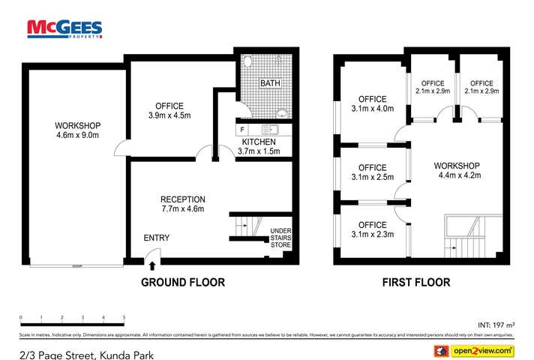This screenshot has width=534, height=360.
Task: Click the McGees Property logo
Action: pyautogui.click(x=64, y=28)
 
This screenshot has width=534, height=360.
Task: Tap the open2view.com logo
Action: pyautogui.click(x=474, y=350)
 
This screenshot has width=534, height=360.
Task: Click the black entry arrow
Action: pyautogui.click(x=152, y=263)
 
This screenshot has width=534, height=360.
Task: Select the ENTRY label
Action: pyautogui.click(x=157, y=238)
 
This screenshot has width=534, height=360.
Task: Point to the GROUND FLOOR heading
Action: pyautogui.click(x=183, y=283)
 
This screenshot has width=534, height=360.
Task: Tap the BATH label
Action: pyautogui.click(x=270, y=83)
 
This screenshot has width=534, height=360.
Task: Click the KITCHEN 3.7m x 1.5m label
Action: pyautogui.click(x=259, y=146)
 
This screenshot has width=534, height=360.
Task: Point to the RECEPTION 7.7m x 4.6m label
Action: pyautogui.click(x=182, y=204)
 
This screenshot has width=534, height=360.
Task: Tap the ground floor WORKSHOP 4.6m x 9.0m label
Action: pyautogui.click(x=78, y=130)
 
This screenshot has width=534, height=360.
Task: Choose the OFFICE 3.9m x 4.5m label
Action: pyautogui.click(x=169, y=110)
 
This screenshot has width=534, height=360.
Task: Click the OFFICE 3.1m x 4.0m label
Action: pyautogui.click(x=372, y=103)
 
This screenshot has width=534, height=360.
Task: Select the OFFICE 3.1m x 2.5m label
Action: pyautogui.click(x=372, y=172)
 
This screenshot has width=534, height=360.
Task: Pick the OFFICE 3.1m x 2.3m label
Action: pyautogui.click(x=372, y=229)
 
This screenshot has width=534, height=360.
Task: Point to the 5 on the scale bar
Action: pyautogui.click(x=124, y=318)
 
